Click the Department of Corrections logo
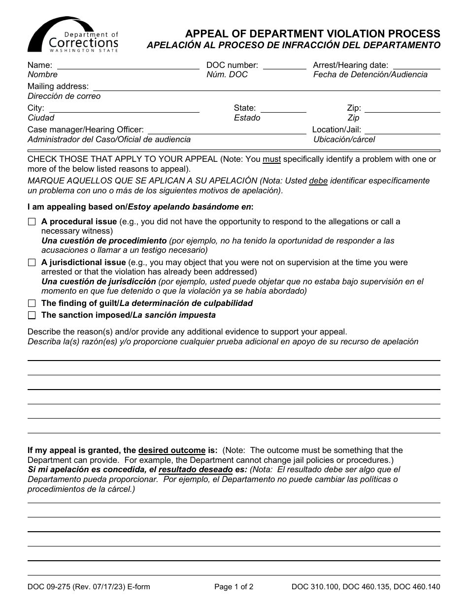[x=73, y=35]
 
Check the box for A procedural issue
[x=32, y=222]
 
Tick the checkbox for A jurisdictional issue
[x=32, y=263]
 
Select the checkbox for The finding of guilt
[x=32, y=303]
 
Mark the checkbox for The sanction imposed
[x=32, y=315]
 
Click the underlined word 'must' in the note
[x=271, y=159]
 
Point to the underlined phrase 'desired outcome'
[x=172, y=451]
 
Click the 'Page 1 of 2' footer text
[x=234, y=587]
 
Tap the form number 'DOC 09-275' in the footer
[x=48, y=587]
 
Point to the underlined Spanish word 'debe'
[x=318, y=181]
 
